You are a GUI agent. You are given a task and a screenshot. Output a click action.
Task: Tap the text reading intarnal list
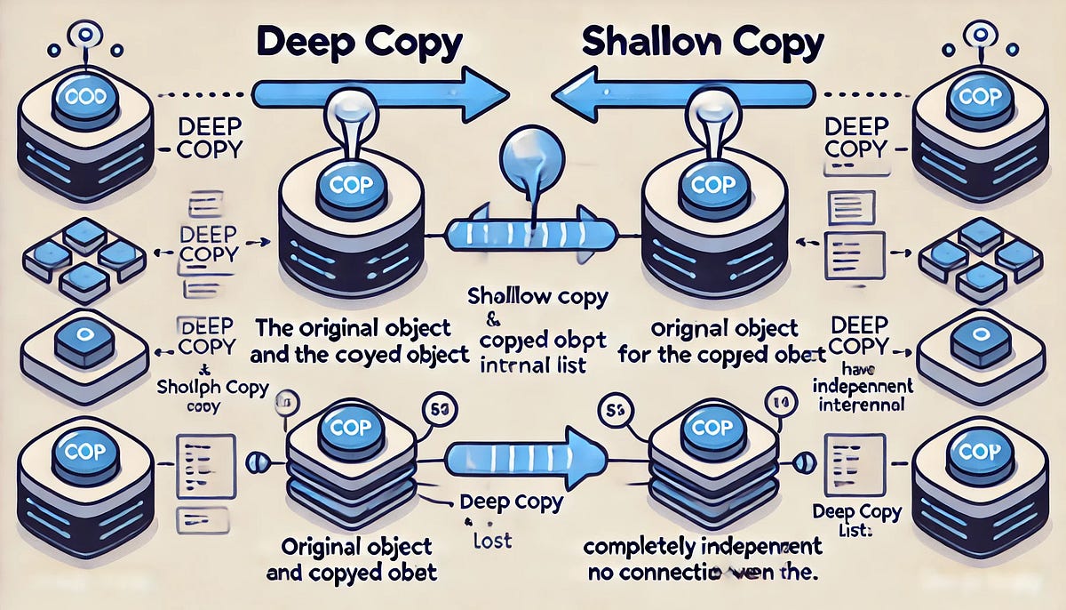pos(530,365)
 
